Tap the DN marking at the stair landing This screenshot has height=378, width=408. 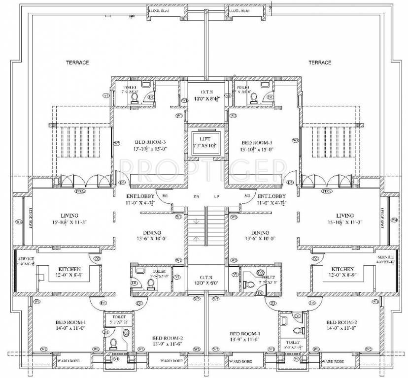(196, 196)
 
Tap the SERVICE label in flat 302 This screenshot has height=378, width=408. (385, 257)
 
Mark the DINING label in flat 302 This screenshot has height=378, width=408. (260, 233)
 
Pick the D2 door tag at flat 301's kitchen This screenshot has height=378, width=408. (97, 258)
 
